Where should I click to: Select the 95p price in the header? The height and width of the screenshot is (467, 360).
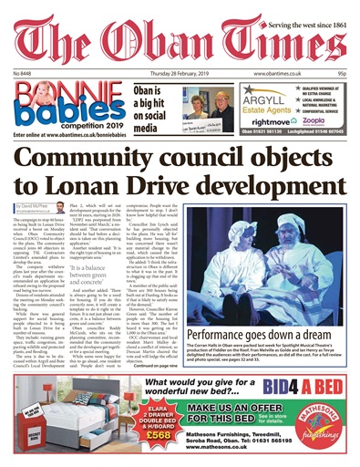344,72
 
